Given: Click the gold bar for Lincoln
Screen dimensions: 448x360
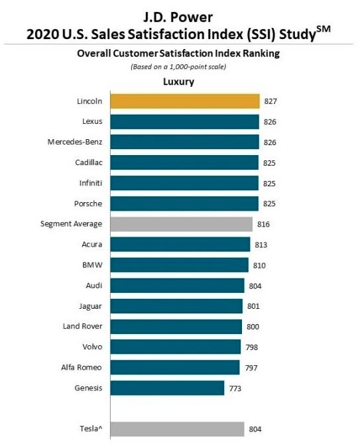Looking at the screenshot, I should click(x=184, y=101).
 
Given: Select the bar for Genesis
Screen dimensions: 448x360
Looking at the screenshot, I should click(x=167, y=388).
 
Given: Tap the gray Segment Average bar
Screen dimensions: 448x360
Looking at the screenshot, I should click(x=181, y=224).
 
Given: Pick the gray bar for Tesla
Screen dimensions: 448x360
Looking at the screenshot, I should click(x=177, y=429).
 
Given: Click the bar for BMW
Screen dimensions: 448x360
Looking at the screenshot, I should click(x=178, y=265).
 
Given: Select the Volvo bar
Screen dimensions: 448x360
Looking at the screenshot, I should click(x=175, y=347).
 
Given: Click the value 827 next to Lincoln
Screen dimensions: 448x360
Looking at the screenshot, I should click(x=270, y=101).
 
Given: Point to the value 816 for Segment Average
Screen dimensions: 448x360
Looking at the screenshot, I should click(x=263, y=224).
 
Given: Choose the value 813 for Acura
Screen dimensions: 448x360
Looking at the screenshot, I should click(x=261, y=245).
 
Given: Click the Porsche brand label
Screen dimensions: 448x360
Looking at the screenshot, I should click(x=89, y=203).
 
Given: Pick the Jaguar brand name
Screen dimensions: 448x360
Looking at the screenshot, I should click(x=90, y=306).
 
